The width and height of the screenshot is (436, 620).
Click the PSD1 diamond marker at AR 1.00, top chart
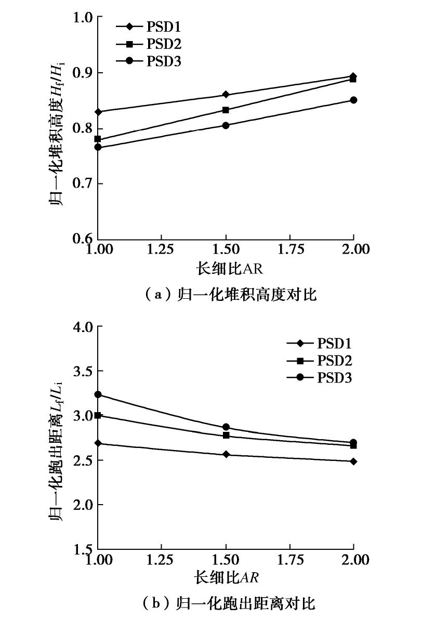[x=97, y=112]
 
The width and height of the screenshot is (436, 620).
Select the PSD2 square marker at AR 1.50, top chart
[x=226, y=110]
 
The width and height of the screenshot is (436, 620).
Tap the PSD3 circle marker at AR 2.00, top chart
[x=353, y=100]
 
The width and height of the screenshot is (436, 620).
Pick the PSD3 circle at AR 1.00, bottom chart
[x=97, y=394]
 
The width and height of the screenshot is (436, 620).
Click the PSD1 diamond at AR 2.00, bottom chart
[x=353, y=461]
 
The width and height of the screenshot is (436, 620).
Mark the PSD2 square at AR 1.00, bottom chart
[x=97, y=415]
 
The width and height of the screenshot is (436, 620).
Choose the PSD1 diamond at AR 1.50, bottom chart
[x=226, y=454]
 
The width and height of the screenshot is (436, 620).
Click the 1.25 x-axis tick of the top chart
[x=161, y=249]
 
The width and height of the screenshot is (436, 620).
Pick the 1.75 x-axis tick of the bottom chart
[x=289, y=559]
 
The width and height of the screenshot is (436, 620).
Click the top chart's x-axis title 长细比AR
[x=226, y=268]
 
